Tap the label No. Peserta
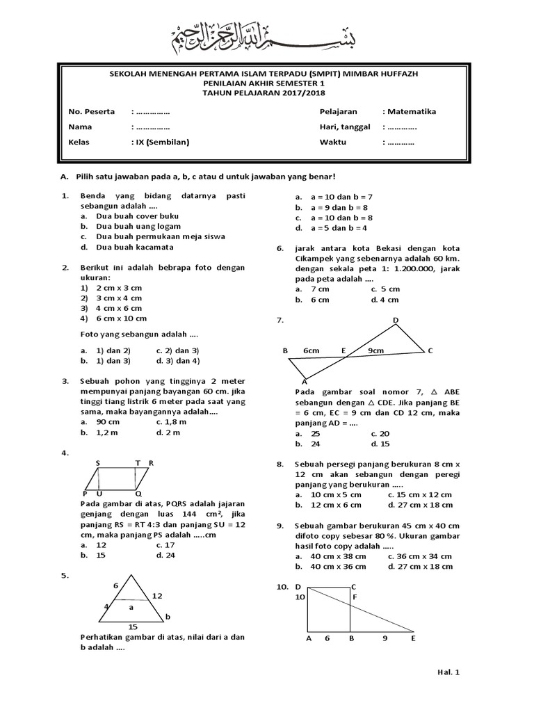pos(91,111)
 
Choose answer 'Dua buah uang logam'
pos(138,226)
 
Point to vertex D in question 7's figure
pos(396,321)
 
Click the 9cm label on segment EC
pos(376,350)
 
